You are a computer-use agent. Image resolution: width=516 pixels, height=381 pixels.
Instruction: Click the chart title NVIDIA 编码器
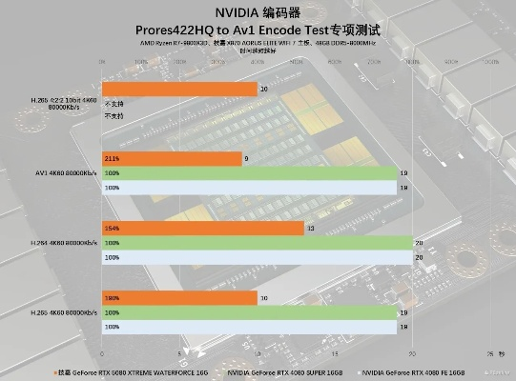(x=258, y=13)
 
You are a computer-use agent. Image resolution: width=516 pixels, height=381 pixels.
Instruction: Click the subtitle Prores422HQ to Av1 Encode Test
(x=258, y=31)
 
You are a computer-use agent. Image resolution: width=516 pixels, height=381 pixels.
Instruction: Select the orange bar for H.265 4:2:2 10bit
(x=178, y=89)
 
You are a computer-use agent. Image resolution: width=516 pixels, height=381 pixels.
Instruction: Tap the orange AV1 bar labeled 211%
(x=171, y=158)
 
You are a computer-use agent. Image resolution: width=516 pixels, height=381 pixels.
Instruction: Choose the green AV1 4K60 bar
(x=249, y=173)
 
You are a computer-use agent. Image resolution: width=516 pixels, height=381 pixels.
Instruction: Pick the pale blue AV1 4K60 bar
(x=249, y=188)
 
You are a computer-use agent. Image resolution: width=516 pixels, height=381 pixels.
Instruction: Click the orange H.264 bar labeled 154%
(x=202, y=228)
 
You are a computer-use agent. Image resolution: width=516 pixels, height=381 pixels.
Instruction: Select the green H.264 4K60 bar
(x=257, y=243)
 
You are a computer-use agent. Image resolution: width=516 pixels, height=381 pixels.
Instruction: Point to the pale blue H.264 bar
(x=257, y=257)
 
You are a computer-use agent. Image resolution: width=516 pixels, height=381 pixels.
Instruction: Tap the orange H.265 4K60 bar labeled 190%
(x=178, y=298)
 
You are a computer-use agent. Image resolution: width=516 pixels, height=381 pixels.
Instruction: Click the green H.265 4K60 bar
(x=249, y=312)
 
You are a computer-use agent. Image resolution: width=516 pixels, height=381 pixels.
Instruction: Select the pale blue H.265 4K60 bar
(x=249, y=327)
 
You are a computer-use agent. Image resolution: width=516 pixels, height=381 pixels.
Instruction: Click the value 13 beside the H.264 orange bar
(x=311, y=228)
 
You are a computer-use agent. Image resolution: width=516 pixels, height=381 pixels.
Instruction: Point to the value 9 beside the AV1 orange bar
(x=247, y=158)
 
